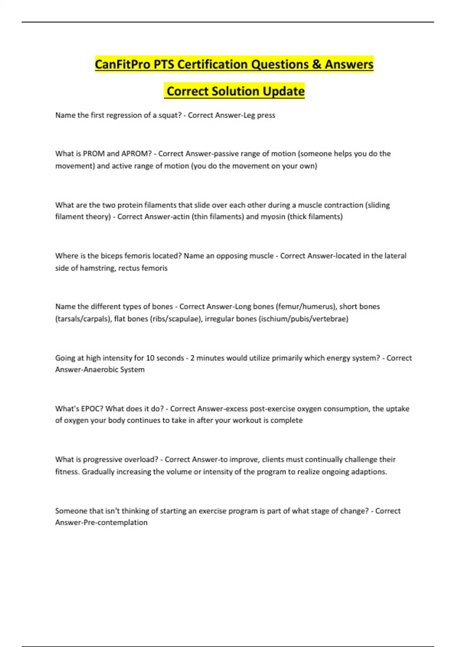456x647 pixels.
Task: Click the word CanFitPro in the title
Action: (x=123, y=64)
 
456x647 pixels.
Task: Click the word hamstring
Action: (x=97, y=268)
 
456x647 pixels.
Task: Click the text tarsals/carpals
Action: (x=84, y=319)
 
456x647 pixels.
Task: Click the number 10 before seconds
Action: (x=150, y=358)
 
